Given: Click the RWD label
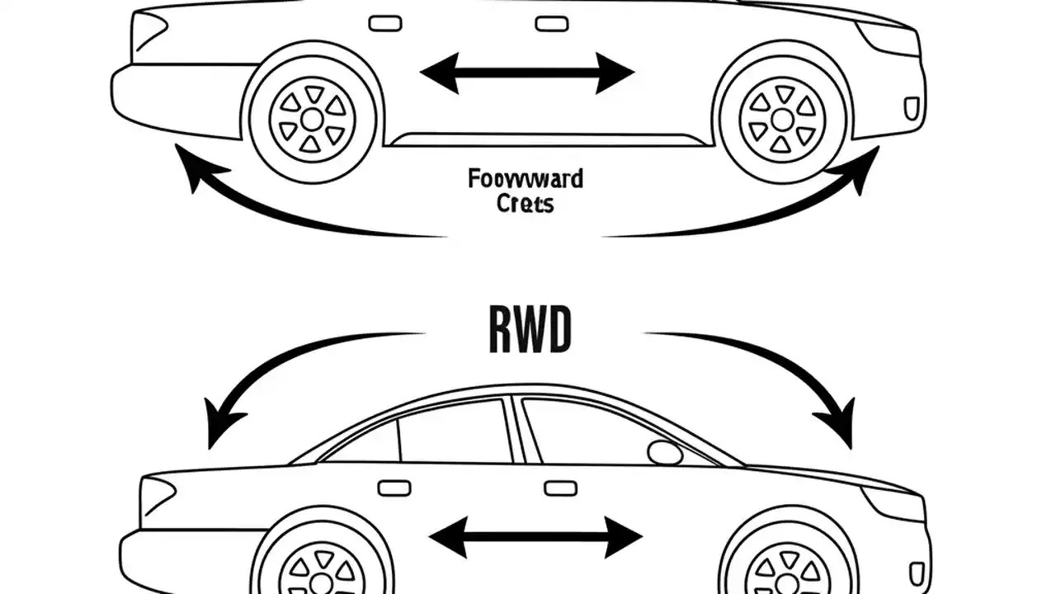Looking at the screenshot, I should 529,331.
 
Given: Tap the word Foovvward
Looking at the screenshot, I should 525,178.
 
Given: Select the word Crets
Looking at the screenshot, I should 526,204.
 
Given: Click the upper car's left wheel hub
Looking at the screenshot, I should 312,120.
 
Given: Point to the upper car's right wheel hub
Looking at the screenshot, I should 782,120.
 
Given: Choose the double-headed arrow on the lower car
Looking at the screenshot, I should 535,537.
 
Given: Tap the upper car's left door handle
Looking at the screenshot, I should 384,23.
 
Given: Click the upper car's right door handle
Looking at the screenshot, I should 551,23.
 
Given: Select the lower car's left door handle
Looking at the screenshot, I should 394,488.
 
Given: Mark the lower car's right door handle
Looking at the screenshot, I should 560,488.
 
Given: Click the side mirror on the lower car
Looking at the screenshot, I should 665,452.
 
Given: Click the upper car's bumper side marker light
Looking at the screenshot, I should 912,108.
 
